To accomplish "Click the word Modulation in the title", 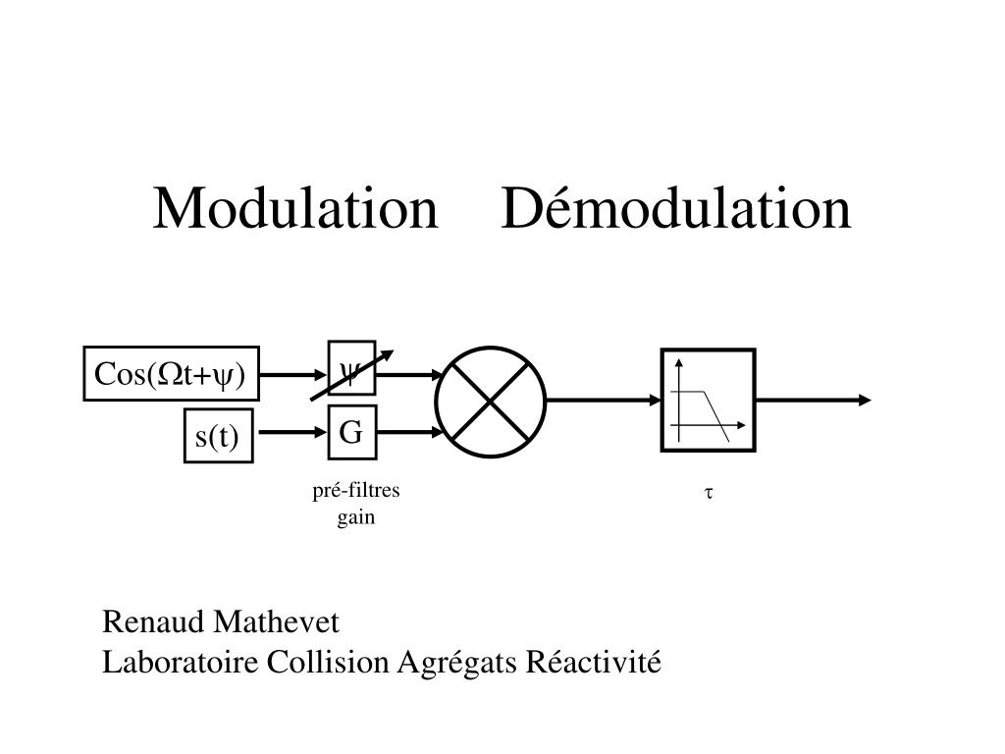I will pyautogui.click(x=295, y=209).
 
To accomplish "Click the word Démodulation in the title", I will pyautogui.click(x=676, y=209).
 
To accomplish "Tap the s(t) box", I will pyautogui.click(x=218, y=437).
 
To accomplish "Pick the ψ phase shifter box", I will pyautogui.click(x=351, y=370).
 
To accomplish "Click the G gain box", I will pyautogui.click(x=351, y=432).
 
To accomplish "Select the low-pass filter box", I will pyautogui.click(x=708, y=401).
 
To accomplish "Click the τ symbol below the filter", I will pyautogui.click(x=706, y=493).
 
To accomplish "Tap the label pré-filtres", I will pyautogui.click(x=356, y=492).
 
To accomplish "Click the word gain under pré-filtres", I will pyautogui.click(x=356, y=517).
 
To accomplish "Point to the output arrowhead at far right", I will pyautogui.click(x=863, y=400).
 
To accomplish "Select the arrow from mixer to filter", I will pyautogui.click(x=604, y=400).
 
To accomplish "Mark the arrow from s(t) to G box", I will pyautogui.click(x=291, y=432).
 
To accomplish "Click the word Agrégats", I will pyautogui.click(x=457, y=663).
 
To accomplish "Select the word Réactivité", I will pyautogui.click(x=595, y=663).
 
